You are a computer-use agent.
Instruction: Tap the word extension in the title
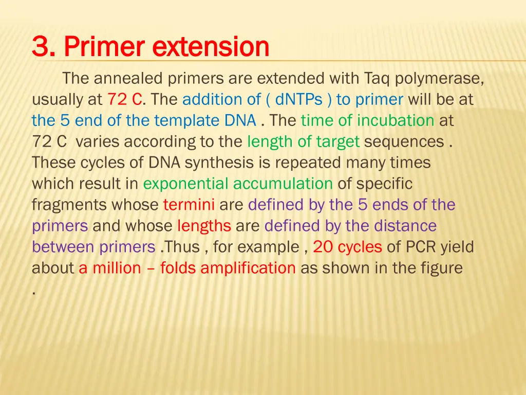click(211, 48)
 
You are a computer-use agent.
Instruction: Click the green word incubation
click(396, 120)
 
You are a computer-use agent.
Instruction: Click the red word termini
click(189, 205)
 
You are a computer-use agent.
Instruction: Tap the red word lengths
click(204, 226)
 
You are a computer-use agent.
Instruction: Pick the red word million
click(117, 268)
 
